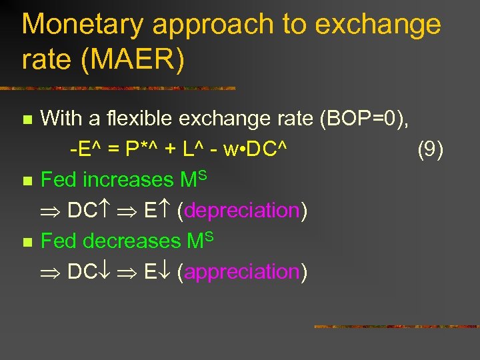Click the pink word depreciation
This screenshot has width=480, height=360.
pos(242,211)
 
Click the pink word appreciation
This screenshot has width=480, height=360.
pos(242,272)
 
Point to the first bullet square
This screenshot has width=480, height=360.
pos(27,121)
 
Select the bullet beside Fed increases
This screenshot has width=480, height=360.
pos(27,181)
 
